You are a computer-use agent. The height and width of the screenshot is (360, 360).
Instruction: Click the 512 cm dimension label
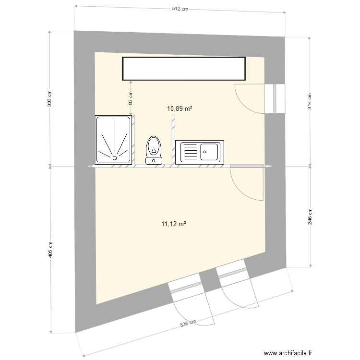(x=181, y=10)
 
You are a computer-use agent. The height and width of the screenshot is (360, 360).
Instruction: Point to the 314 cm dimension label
(x=310, y=101)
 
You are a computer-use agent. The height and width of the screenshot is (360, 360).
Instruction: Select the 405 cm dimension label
(x=50, y=249)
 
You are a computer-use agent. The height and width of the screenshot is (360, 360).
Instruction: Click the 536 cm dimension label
(x=188, y=324)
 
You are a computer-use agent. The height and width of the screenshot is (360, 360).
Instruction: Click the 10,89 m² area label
(x=180, y=108)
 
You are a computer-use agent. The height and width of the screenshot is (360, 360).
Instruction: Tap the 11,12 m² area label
(x=174, y=223)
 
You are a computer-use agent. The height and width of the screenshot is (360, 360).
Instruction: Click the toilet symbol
(x=154, y=149)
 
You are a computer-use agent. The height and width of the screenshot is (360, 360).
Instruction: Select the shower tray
(x=114, y=139)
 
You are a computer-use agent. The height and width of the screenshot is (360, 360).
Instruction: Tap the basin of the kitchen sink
(x=210, y=152)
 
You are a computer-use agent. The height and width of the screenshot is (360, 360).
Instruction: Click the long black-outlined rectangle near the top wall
(x=184, y=69)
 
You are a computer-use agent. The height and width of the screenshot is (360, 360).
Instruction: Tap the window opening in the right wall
(x=276, y=98)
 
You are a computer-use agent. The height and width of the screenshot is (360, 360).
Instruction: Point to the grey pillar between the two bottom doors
(x=209, y=280)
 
